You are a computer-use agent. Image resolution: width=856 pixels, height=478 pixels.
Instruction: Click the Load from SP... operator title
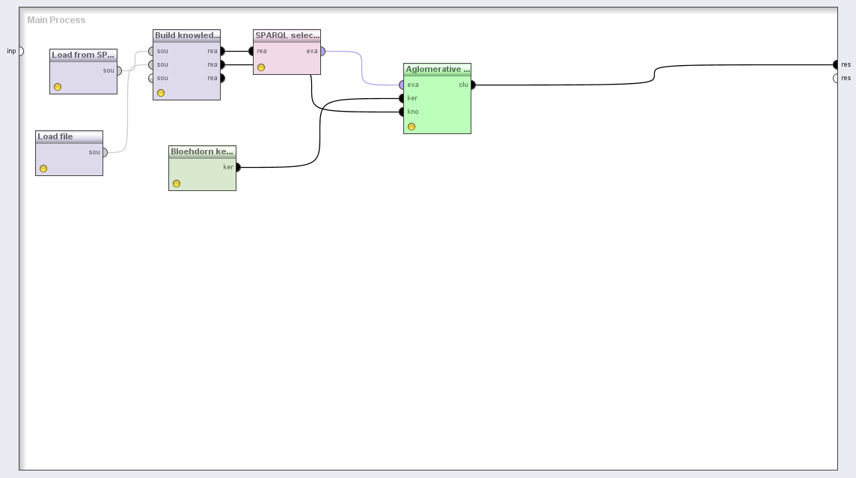pos(83,55)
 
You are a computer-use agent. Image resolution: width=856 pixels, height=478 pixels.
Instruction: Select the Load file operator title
pos(55,137)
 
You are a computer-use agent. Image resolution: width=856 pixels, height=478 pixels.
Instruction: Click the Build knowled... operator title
pos(186,36)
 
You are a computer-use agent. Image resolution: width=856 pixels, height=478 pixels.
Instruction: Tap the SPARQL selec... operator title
pos(287,36)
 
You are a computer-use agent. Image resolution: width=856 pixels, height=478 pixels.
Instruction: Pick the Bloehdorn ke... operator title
pos(202,152)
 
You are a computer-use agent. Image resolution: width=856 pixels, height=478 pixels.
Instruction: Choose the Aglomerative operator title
pos(437,70)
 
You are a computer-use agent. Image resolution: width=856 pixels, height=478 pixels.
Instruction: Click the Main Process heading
pos(56,20)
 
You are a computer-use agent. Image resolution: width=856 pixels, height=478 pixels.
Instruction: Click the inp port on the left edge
pos(20,51)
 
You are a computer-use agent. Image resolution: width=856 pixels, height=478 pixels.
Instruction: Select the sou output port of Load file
pos(104,152)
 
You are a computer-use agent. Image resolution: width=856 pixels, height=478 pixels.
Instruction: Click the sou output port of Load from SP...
pos(118,71)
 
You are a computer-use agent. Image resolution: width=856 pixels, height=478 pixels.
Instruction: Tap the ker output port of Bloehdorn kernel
pos(237,167)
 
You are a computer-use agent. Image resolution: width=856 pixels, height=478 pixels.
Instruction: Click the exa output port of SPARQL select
pos(322,52)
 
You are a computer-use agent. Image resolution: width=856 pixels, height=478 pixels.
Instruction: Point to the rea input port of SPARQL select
pos(252,52)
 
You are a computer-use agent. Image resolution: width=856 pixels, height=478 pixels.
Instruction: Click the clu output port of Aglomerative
pos(472,85)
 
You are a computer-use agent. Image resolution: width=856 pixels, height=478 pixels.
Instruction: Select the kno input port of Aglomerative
pos(402,112)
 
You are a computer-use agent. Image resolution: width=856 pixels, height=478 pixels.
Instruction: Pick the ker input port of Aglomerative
pos(402,99)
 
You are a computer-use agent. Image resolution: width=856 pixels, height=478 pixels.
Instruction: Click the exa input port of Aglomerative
pos(402,85)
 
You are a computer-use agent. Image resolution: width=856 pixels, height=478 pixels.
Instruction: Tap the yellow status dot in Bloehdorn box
pos(177,184)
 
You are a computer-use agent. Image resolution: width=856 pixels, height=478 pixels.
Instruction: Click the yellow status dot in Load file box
pos(43,169)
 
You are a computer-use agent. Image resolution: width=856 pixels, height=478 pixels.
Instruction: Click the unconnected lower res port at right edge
pos(836,79)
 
